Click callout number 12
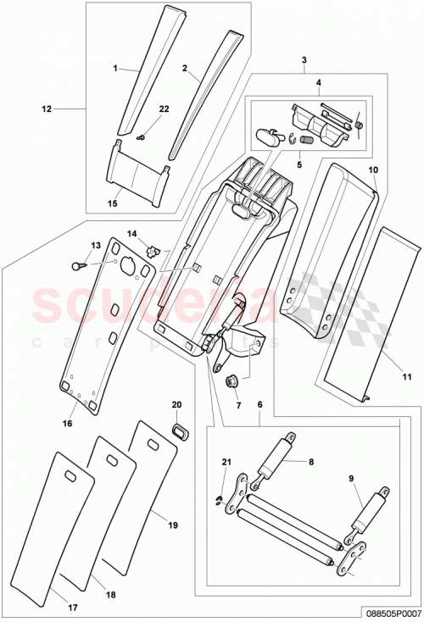[x=47, y=108]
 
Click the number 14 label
[x=131, y=233]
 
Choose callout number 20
[x=177, y=405]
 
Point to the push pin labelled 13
[x=79, y=264]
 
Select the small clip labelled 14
[x=153, y=250]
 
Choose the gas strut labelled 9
[x=375, y=511]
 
